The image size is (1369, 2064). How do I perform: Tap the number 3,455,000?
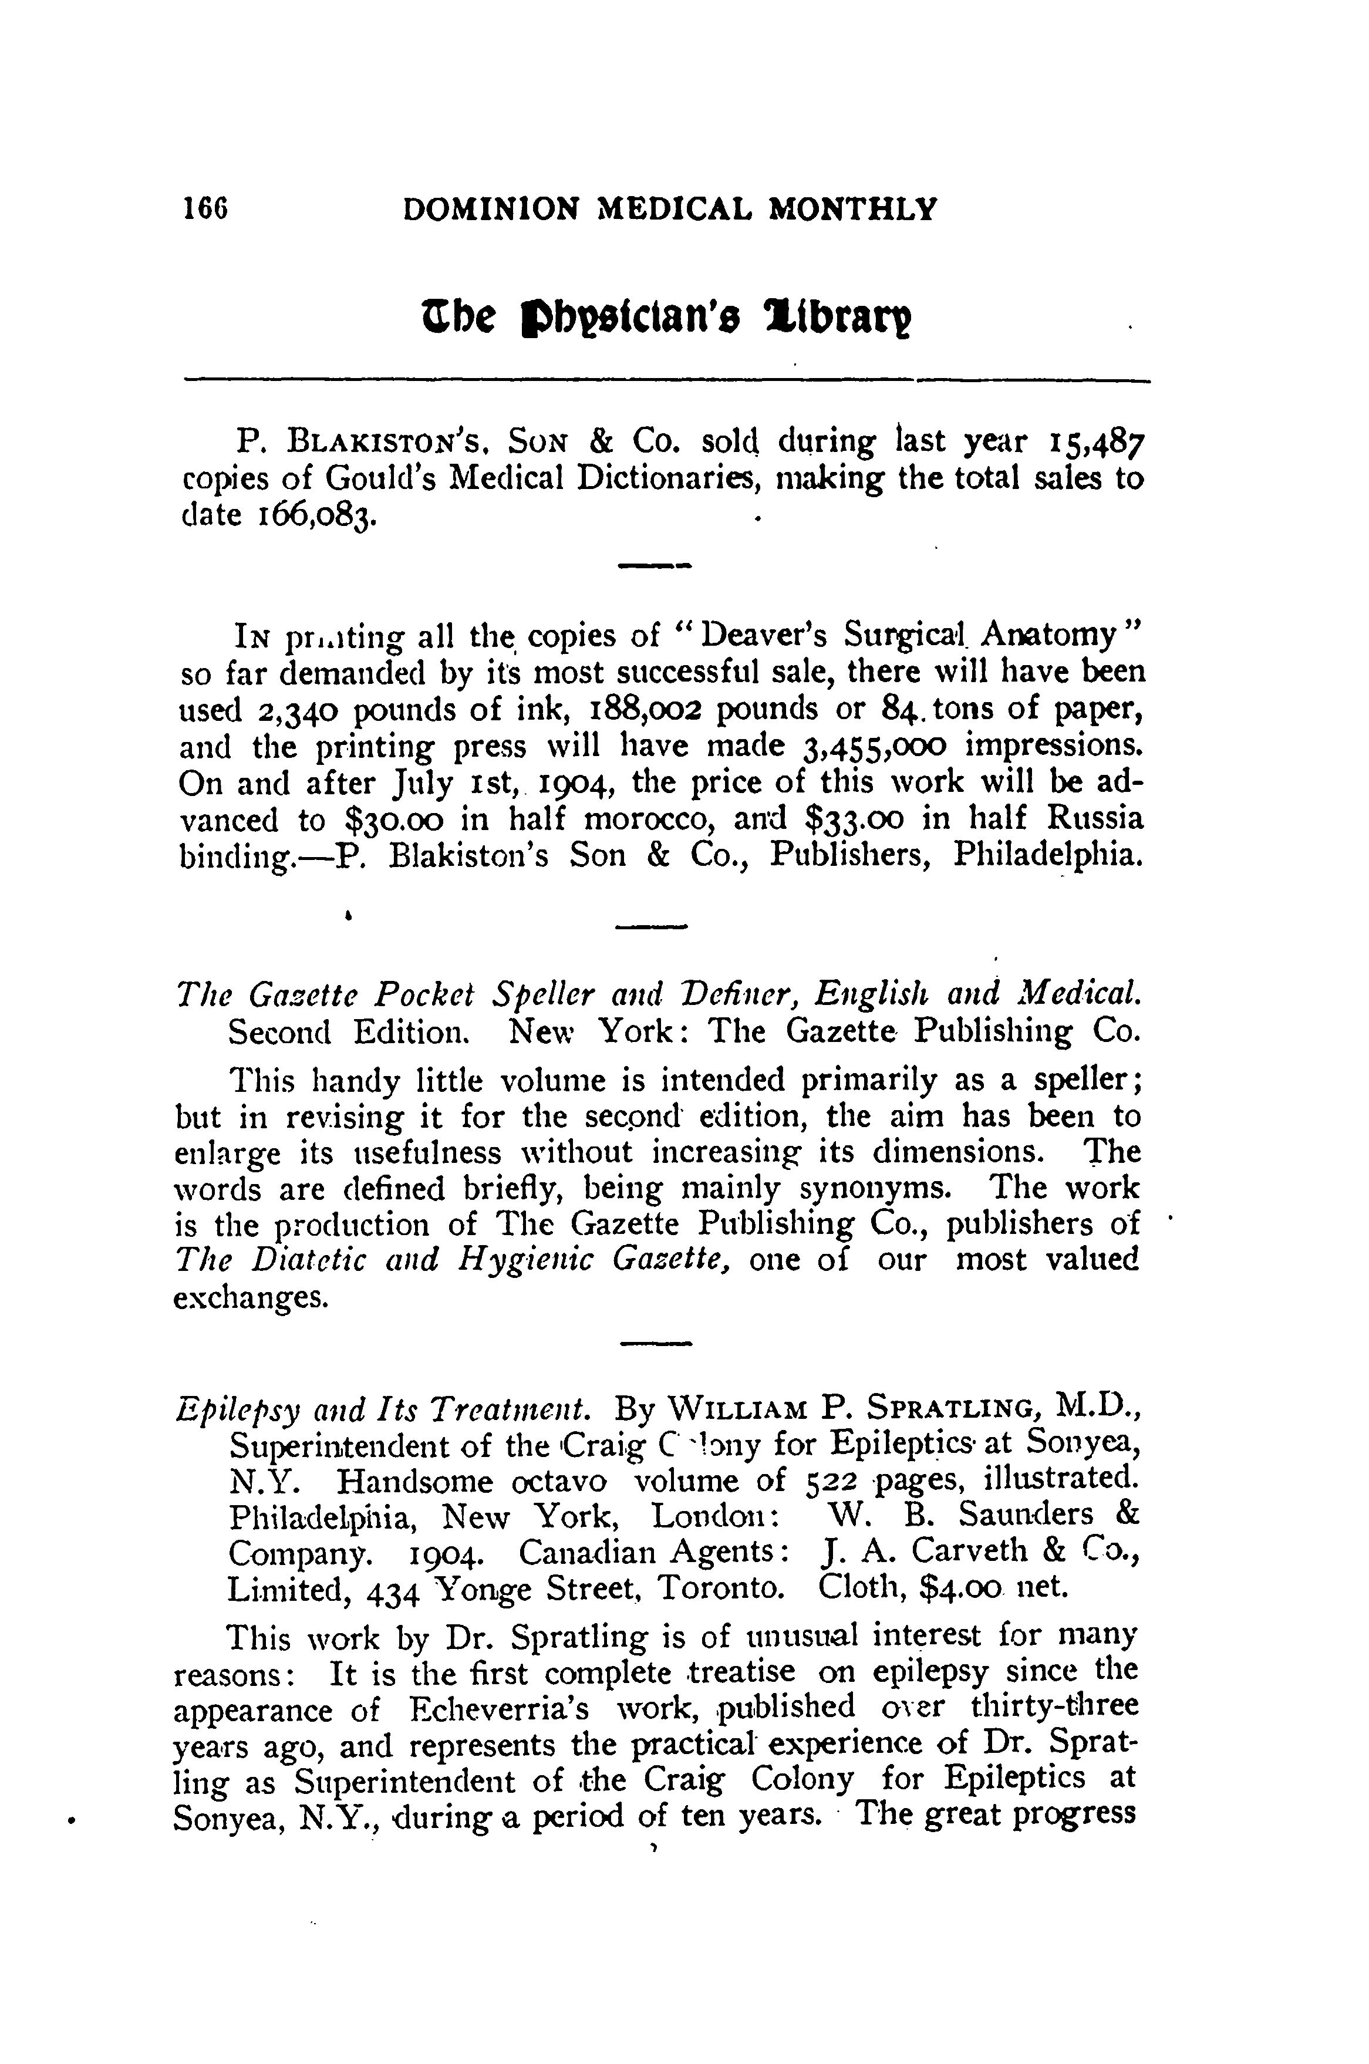pos(873,747)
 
